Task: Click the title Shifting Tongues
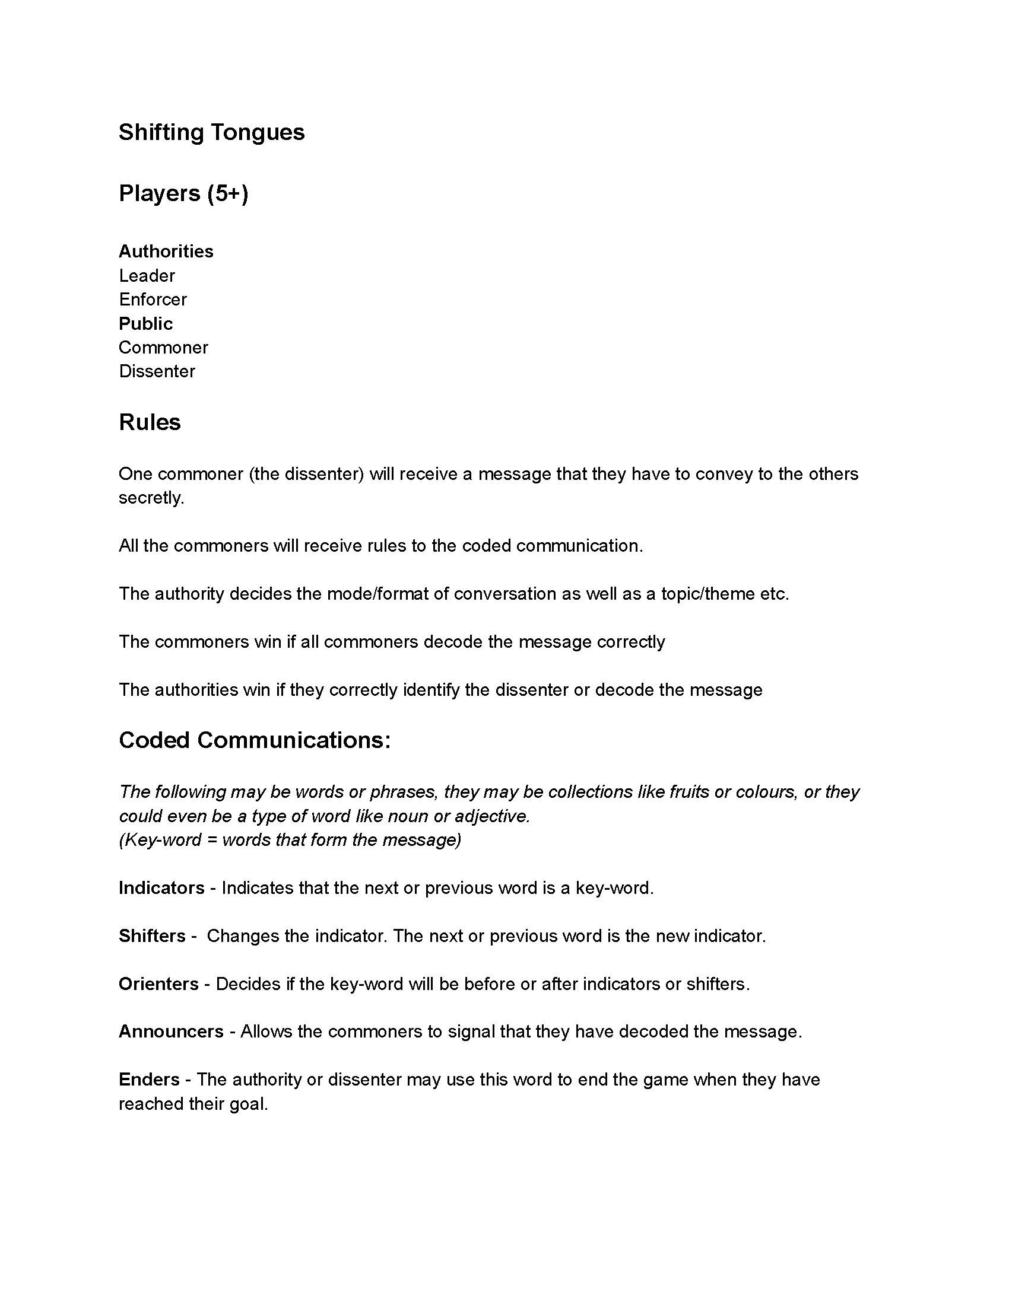[212, 132]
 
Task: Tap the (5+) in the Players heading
[228, 193]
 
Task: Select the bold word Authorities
[166, 251]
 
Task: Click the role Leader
[147, 275]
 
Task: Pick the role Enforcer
[153, 300]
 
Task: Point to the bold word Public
[145, 323]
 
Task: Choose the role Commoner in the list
[163, 347]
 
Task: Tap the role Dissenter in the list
[157, 371]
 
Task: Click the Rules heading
[150, 422]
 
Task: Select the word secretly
[151, 498]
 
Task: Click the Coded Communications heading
[255, 740]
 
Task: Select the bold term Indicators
[161, 888]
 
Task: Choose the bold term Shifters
[152, 935]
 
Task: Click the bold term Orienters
[158, 983]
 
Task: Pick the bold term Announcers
[171, 1032]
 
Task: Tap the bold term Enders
[149, 1079]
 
